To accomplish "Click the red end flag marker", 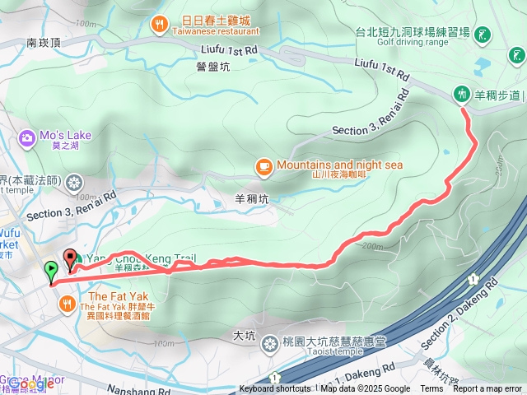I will [x=70, y=258].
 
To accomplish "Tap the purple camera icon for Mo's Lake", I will [x=27, y=137].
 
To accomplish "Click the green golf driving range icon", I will [x=483, y=35].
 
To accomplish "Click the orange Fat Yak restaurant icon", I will [x=66, y=304].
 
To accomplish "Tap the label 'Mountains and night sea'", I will [x=339, y=165].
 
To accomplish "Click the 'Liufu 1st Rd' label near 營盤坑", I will [x=227, y=50].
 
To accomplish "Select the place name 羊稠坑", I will [x=251, y=198].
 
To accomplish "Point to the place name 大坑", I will [x=245, y=336].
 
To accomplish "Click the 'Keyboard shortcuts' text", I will [x=275, y=389].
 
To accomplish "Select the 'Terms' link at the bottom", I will [x=431, y=389].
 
